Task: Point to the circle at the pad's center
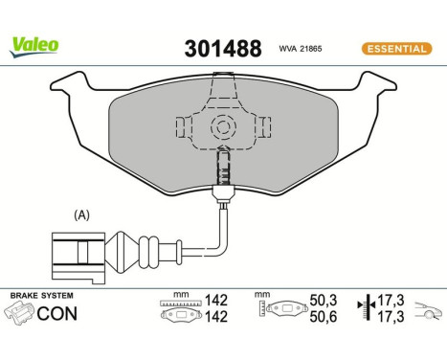[222, 124]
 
